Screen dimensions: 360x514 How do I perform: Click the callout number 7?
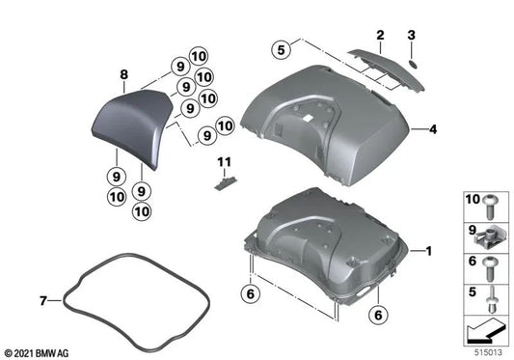click(42, 302)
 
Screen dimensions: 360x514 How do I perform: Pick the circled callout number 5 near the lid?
click(281, 45)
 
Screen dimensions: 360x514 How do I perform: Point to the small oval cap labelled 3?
click(411, 60)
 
